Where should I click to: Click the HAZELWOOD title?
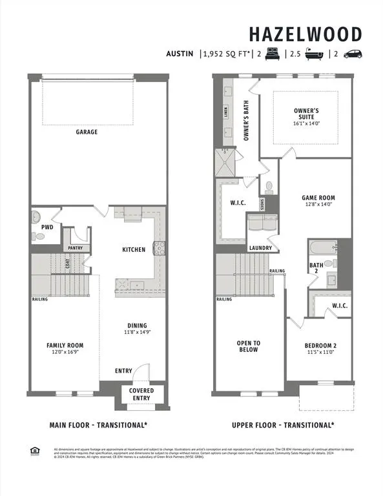tap(306, 34)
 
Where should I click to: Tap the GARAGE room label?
tap(87, 132)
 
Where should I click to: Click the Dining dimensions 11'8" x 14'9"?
tap(137, 333)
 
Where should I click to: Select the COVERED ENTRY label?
tap(141, 394)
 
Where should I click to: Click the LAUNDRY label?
tap(260, 248)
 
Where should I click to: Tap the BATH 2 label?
tap(316, 268)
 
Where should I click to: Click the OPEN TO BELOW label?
tap(249, 346)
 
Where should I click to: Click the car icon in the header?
tap(353, 54)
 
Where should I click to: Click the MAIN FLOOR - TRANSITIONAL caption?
tap(99, 425)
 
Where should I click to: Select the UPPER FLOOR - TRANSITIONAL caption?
tap(283, 425)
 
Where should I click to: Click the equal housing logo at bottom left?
tap(34, 451)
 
